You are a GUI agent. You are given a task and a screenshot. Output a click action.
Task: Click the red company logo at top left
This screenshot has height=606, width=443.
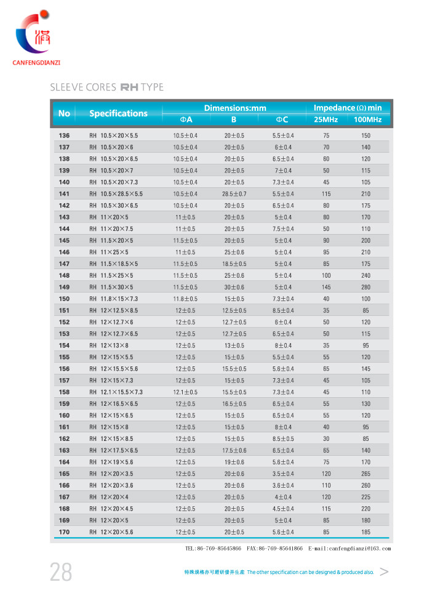click(x=34, y=34)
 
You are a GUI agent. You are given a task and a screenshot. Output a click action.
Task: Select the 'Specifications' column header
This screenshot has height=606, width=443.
click(x=118, y=113)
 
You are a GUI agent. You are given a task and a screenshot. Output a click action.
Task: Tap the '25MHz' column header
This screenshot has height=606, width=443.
click(x=326, y=119)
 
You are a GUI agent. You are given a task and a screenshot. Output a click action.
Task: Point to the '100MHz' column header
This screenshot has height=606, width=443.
click(x=365, y=119)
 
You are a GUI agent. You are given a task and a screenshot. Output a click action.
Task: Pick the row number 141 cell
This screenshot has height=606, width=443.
click(x=64, y=194)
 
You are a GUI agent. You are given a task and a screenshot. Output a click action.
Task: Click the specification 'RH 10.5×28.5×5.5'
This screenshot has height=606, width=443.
click(x=116, y=194)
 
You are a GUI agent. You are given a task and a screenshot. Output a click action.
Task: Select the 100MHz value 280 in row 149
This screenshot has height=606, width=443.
click(x=365, y=287)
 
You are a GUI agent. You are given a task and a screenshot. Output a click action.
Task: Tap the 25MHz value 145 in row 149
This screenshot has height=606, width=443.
click(x=326, y=287)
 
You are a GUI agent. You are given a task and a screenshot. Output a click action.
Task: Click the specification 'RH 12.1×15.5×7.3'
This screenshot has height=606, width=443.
click(x=116, y=392)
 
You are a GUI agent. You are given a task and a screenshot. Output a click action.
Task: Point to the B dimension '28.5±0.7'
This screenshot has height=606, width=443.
click(x=234, y=194)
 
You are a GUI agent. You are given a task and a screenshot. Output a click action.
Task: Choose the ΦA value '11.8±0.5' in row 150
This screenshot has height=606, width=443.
click(x=185, y=299)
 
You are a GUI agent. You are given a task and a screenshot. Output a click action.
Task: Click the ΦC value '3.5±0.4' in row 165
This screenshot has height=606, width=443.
click(x=284, y=474)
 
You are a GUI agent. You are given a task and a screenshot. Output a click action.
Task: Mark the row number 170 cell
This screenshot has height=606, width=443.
click(x=64, y=531)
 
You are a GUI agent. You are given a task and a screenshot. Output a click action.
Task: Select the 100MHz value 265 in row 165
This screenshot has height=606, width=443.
click(x=365, y=474)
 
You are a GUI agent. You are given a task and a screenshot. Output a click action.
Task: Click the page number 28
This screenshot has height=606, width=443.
click(x=61, y=572)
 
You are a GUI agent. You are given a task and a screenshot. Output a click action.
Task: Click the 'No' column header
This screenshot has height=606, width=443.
click(x=64, y=113)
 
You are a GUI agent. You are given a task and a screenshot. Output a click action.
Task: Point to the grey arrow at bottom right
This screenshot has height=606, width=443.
click(x=385, y=572)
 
